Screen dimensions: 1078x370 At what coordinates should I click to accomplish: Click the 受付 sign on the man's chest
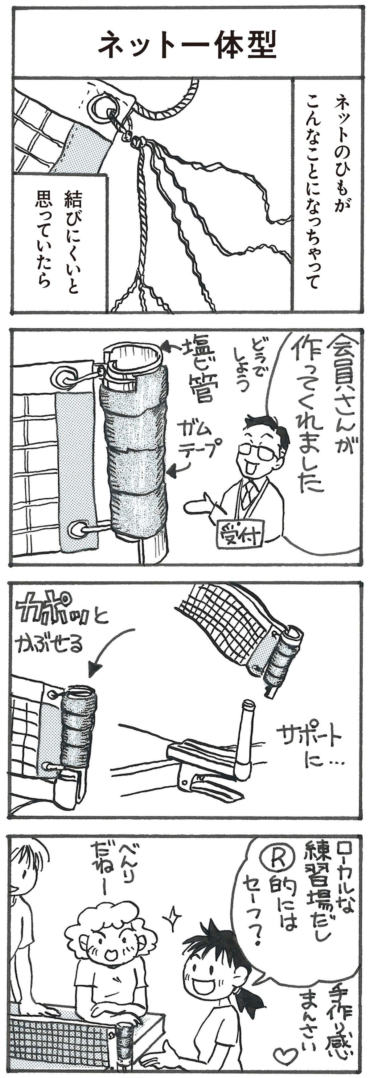pos(240,533)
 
